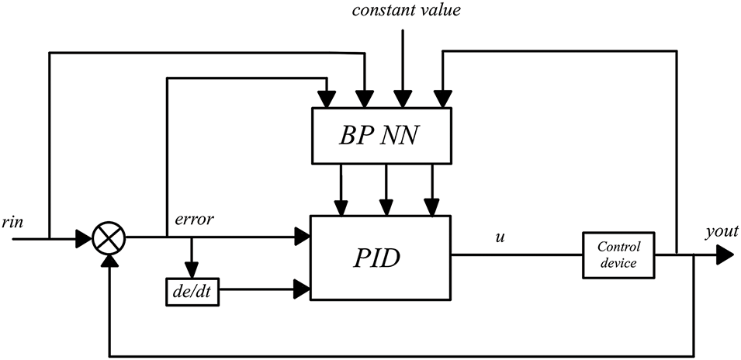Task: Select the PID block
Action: tap(380, 258)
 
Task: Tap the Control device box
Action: tap(618, 254)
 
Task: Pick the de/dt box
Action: tap(192, 292)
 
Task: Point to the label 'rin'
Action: tap(12, 222)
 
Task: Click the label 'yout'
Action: tap(722, 232)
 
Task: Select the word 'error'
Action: tap(194, 220)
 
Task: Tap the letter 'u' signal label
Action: tap(500, 237)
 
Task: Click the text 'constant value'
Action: tap(406, 10)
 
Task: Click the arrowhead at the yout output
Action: tap(725, 255)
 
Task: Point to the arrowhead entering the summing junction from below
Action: tap(109, 261)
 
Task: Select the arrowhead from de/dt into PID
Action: tap(302, 289)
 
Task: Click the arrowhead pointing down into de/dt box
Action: tap(192, 270)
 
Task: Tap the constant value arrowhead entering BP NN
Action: tap(403, 99)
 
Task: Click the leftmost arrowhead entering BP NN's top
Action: tap(327, 99)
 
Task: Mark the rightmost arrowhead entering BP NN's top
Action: tap(441, 99)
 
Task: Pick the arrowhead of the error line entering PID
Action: tap(302, 236)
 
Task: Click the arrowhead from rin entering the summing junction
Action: tap(84, 239)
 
